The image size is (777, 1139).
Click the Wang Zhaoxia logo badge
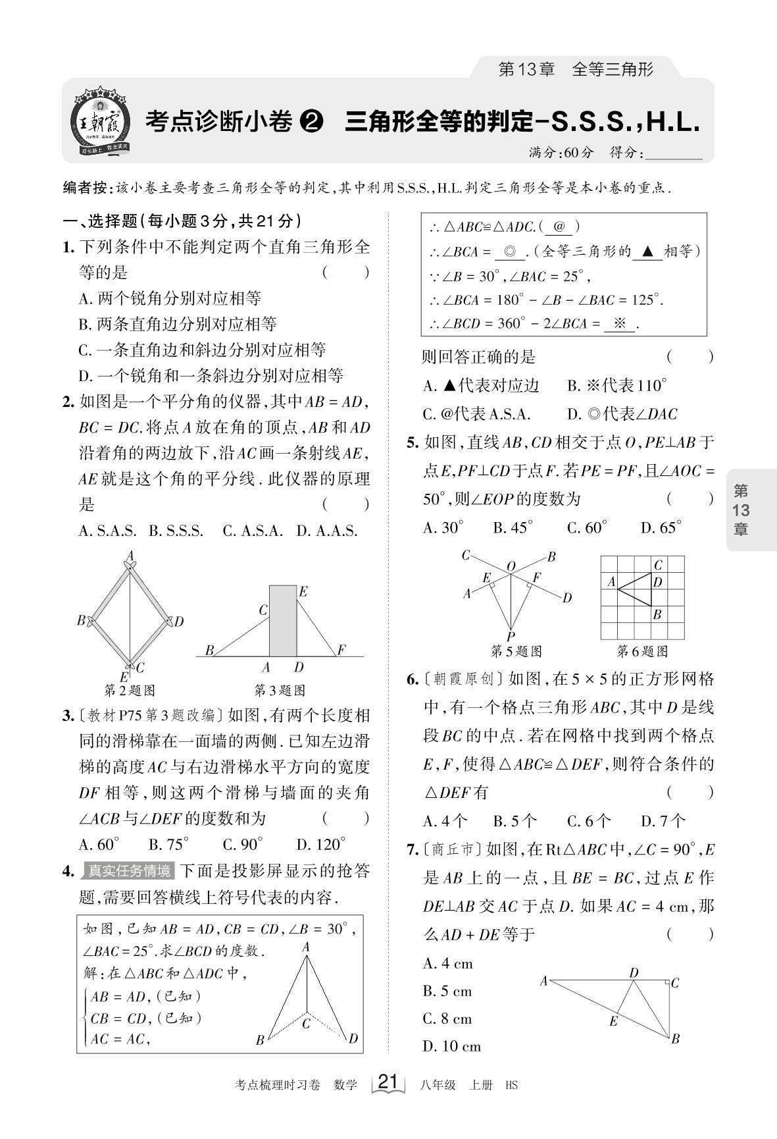100,121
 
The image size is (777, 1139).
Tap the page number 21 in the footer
389,1082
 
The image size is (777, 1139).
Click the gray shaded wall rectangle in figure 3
283,620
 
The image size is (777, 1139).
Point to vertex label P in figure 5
511,636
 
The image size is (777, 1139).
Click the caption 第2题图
130,691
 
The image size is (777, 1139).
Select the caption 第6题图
641,652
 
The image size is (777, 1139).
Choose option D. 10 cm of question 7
451,1046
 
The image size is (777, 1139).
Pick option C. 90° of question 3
242,845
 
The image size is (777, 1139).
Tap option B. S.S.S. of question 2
176,531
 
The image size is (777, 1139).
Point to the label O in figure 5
510,566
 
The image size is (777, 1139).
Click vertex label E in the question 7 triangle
613,1021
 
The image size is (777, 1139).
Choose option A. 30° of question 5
443,527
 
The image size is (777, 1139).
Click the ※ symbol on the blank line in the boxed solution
618,323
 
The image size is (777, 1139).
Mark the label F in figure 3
341,650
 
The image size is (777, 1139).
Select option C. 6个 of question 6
589,821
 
